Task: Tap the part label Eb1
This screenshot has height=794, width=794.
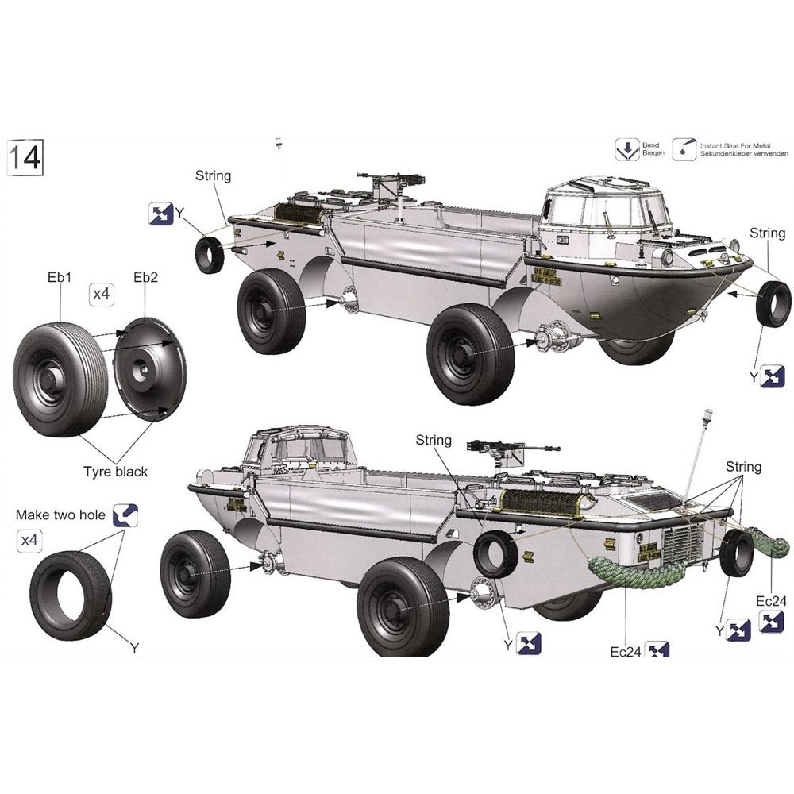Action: coord(59,277)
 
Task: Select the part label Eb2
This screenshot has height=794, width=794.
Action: coord(145,277)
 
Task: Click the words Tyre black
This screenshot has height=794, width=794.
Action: coord(116,472)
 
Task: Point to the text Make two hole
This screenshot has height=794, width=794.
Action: coord(60,515)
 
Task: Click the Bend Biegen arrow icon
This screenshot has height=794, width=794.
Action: coord(627,148)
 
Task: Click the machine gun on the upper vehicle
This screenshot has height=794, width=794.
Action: coord(389,180)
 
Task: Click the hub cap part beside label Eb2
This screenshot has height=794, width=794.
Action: coord(149,367)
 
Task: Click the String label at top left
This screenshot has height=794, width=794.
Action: coord(213,175)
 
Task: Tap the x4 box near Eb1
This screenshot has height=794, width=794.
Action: coord(101,295)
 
